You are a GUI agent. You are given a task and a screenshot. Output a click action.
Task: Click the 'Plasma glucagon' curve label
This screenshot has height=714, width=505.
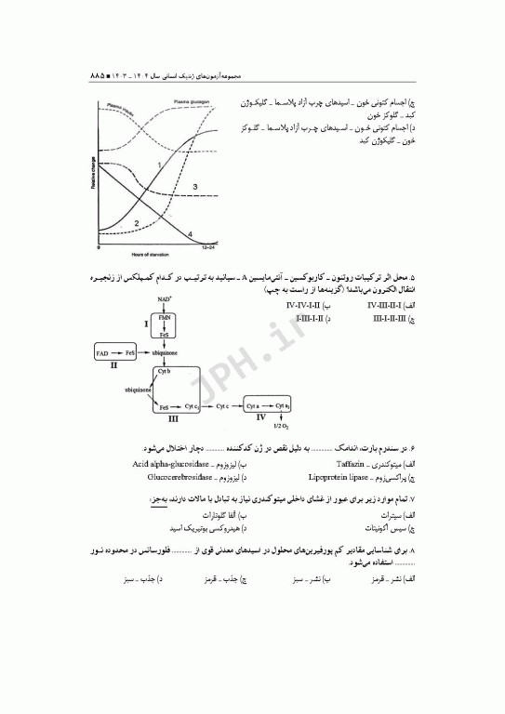[x=193, y=102]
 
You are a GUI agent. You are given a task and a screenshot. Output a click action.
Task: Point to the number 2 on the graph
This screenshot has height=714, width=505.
[x=137, y=223]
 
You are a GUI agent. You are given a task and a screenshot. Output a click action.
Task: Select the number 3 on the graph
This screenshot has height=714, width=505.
[x=195, y=188]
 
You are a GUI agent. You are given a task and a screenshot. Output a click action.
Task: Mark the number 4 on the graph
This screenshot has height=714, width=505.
[x=191, y=233]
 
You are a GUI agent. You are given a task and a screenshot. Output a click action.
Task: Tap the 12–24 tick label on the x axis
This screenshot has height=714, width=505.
[x=211, y=248]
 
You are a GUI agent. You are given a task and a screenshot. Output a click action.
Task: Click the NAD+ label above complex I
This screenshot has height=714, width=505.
[x=165, y=298]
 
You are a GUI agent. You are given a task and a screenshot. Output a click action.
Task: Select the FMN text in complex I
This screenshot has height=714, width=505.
[x=165, y=318]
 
